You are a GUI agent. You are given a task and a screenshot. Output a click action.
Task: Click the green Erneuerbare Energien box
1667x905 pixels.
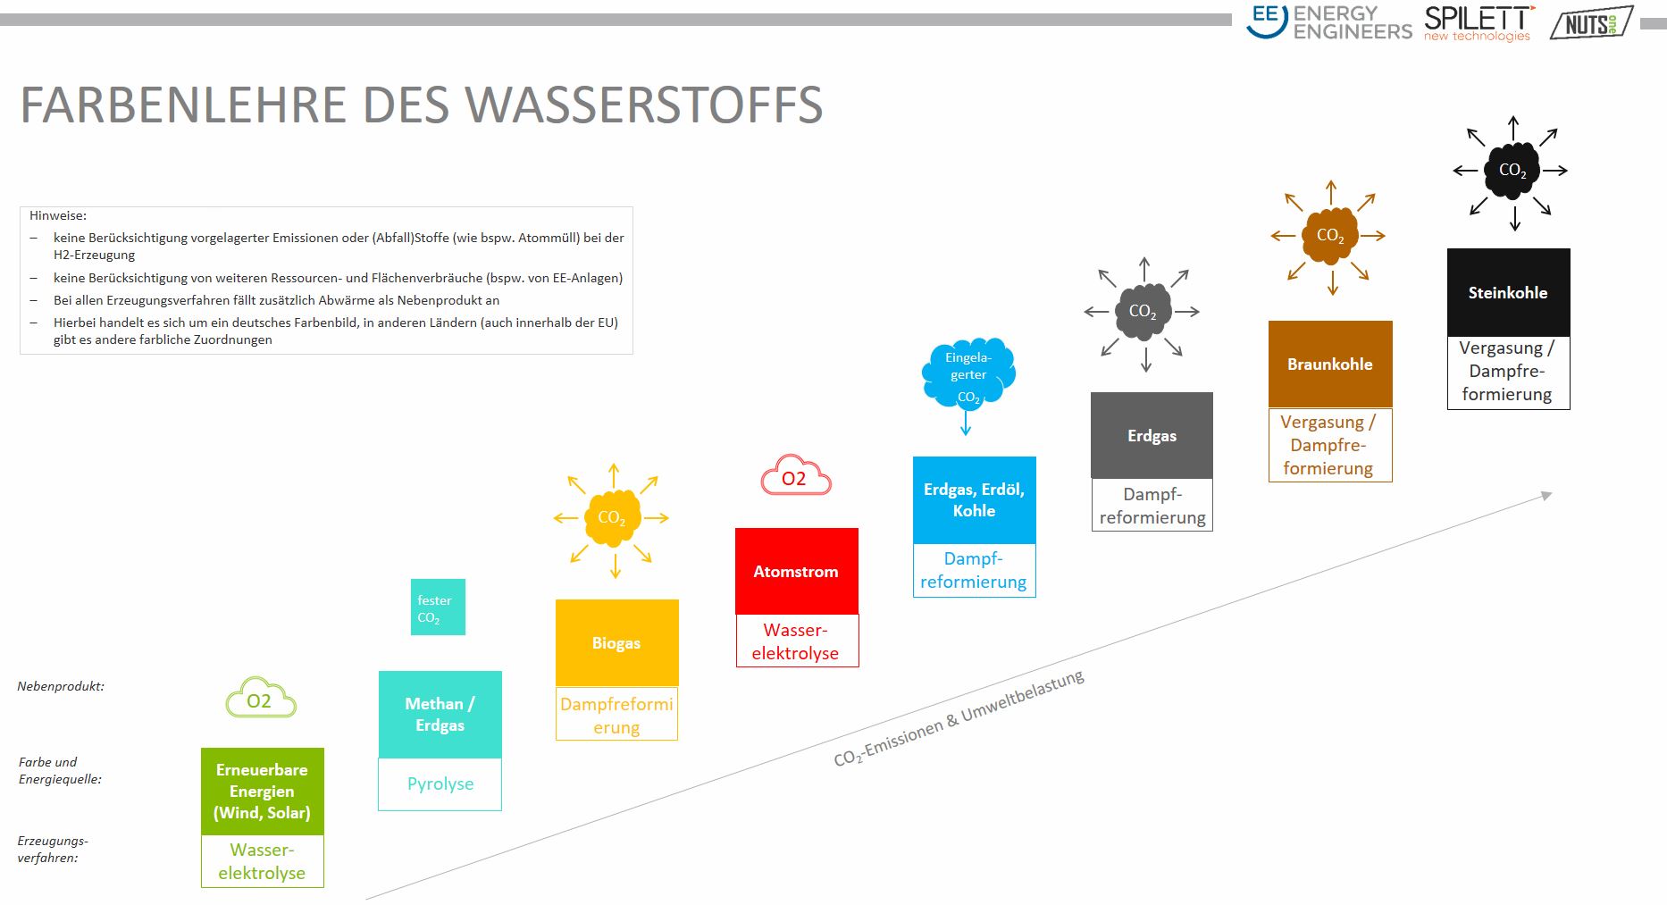coord(263,792)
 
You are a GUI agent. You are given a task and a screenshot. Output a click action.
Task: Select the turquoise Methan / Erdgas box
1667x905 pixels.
coord(440,715)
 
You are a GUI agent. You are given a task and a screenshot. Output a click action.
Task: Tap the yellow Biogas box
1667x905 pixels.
coord(617,643)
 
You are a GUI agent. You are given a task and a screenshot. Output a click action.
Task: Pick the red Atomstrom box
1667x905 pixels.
coord(797,571)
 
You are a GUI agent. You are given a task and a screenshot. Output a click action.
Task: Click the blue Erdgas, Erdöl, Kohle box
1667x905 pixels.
coord(975,500)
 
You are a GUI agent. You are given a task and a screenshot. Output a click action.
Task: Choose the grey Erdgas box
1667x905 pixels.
coord(1152,435)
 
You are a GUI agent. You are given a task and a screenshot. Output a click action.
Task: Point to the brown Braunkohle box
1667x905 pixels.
coord(1330,364)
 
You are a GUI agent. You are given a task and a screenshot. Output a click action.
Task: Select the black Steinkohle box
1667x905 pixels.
coord(1509,292)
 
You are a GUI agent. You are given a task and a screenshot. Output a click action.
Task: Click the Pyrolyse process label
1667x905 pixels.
coord(440,783)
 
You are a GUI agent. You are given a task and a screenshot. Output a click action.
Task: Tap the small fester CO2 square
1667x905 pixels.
coord(438,608)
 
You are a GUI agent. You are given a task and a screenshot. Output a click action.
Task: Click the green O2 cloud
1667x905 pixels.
coord(260,699)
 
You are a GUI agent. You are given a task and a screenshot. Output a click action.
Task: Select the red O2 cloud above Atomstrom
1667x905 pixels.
coord(795,475)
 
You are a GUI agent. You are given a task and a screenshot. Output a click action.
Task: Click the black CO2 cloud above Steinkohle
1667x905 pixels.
coord(1512,170)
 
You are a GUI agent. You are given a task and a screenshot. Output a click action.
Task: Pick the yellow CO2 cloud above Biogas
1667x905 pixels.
coord(612,518)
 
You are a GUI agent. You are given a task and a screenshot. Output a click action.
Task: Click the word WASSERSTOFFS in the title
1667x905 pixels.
coord(644,105)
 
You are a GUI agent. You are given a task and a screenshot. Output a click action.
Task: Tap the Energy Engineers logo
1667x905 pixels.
coord(1329,22)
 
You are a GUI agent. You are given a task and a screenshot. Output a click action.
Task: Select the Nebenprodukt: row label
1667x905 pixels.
coord(61,686)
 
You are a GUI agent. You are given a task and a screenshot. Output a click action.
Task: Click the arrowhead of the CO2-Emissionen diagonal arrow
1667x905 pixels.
coord(1546,496)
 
